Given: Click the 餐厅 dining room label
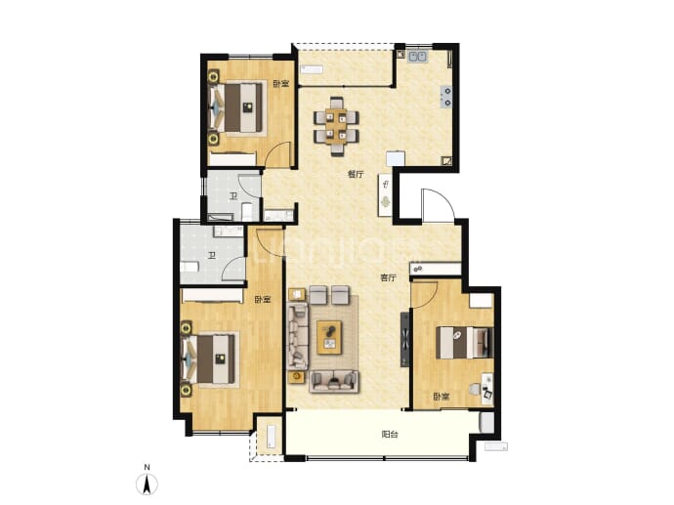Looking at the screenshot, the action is tap(356, 174).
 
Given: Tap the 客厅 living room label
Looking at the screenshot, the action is tap(388, 277).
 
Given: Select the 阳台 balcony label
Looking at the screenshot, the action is tap(390, 434).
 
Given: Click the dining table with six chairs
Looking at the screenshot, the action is tap(337, 125).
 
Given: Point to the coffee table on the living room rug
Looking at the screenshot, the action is tap(329, 338).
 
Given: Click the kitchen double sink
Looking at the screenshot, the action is tap(417, 57).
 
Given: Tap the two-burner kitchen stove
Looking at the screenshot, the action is tap(446, 97).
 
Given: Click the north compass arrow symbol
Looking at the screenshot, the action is tap(147, 485).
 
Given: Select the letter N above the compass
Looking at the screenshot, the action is tap(147, 467).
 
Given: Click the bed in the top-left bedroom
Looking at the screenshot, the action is tap(239, 107).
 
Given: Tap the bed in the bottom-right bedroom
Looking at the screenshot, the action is tap(464, 343).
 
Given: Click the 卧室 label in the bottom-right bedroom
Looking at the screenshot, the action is tap(442, 397).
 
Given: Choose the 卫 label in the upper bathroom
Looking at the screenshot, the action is tap(233, 197).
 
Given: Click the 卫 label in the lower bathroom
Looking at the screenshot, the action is tap(212, 256).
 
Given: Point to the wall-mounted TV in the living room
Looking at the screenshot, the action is tap(404, 340).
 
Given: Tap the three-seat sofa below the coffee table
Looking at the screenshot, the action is tap(334, 382).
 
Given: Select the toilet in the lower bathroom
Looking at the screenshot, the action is tap(190, 268).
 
